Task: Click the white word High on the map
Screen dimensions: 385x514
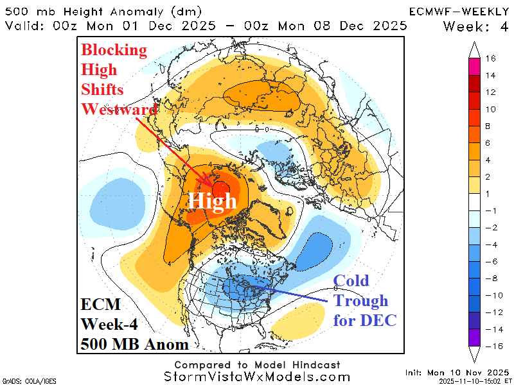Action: tap(212, 201)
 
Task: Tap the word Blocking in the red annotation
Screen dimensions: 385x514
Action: tap(114, 50)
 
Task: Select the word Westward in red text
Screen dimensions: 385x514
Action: tap(119, 108)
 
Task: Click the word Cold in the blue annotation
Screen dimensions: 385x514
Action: tap(351, 281)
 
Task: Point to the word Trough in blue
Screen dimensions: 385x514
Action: tap(360, 300)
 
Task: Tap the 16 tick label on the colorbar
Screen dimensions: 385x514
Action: tap(490, 58)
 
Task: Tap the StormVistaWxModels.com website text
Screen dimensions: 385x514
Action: tap(257, 377)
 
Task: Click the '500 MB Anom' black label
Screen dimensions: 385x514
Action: tap(135, 344)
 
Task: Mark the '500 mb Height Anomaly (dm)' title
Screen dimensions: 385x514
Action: tap(103, 11)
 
